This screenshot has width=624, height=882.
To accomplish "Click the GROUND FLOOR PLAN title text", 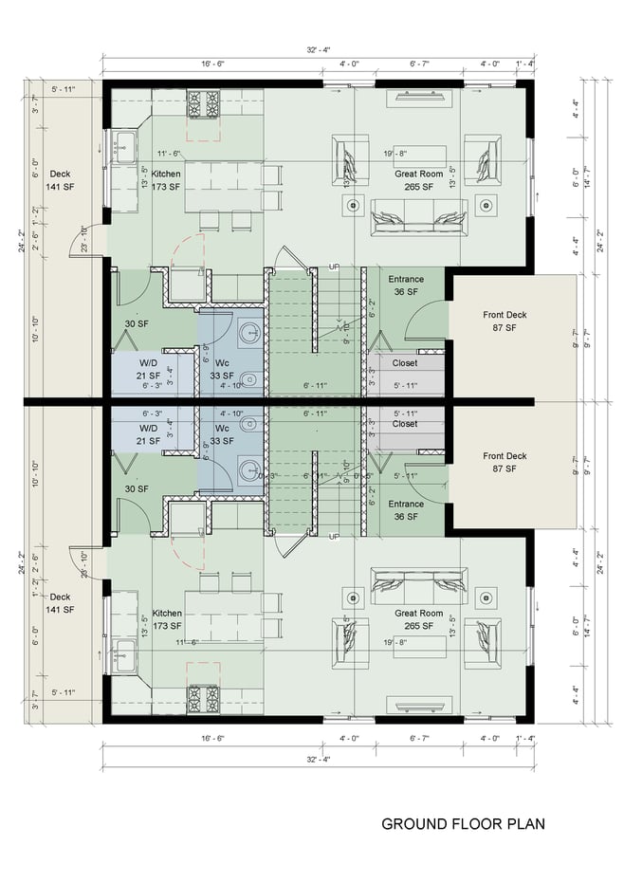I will click(x=463, y=823).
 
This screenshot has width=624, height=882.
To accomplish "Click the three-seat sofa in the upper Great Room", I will click(x=418, y=217).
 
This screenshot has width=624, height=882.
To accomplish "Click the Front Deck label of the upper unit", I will click(x=504, y=321).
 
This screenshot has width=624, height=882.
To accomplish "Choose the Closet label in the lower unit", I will click(x=405, y=424).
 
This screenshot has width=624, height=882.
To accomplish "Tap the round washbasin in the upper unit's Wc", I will click(x=249, y=333).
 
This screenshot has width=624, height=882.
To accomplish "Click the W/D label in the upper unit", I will click(x=149, y=368).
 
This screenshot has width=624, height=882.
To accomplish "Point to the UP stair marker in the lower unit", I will click(x=333, y=537).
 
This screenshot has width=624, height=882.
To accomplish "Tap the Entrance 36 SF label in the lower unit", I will click(x=406, y=510).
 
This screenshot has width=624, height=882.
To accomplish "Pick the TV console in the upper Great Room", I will click(x=417, y=100).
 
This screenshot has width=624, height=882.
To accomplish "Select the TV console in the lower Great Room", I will click(x=417, y=704).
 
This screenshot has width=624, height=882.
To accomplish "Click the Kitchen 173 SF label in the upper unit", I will click(x=166, y=180).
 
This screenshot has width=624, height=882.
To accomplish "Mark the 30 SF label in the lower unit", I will click(x=137, y=488).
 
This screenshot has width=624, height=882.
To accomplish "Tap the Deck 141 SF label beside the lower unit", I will click(x=61, y=603).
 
